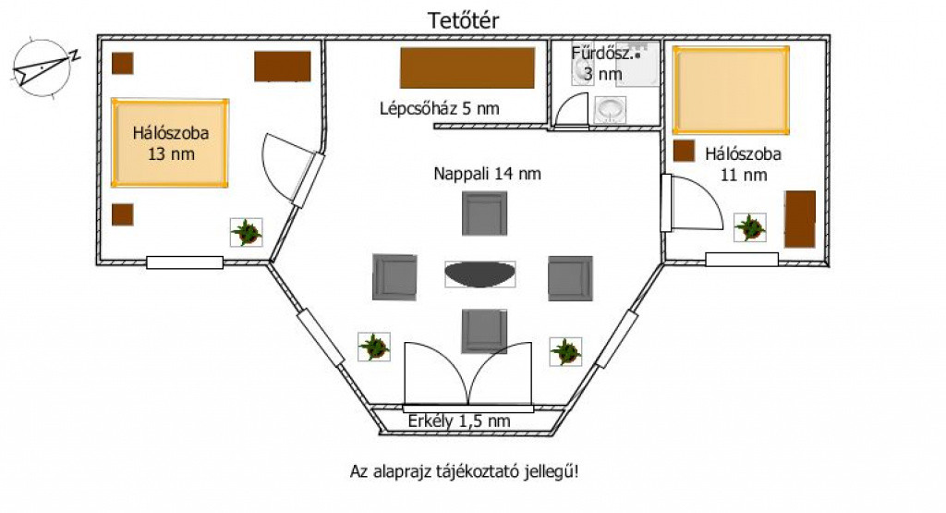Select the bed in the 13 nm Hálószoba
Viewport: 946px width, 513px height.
(170, 143)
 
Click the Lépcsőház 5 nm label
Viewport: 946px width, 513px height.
(439, 108)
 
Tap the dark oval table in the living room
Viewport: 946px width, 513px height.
(480, 275)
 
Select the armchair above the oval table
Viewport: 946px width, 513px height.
(485, 213)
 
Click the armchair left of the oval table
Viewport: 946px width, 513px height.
(396, 276)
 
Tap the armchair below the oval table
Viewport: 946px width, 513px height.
(484, 330)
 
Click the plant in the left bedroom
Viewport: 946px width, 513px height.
(246, 231)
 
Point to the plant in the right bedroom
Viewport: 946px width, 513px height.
(749, 227)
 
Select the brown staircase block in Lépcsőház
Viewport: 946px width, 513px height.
(467, 67)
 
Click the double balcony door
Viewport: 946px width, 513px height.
(468, 374)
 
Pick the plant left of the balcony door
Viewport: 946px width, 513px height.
(374, 348)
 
